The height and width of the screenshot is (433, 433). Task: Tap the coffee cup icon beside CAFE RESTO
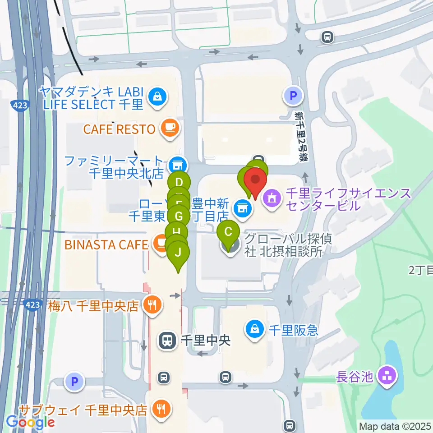[x=170, y=129]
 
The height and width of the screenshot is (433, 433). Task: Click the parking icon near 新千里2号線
[x=293, y=96]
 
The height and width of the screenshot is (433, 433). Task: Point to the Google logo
[x=31, y=422]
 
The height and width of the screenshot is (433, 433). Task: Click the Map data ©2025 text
[x=395, y=426]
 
